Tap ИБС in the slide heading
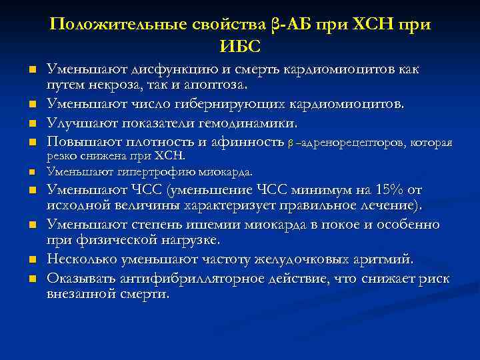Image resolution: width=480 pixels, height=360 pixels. [240, 46]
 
